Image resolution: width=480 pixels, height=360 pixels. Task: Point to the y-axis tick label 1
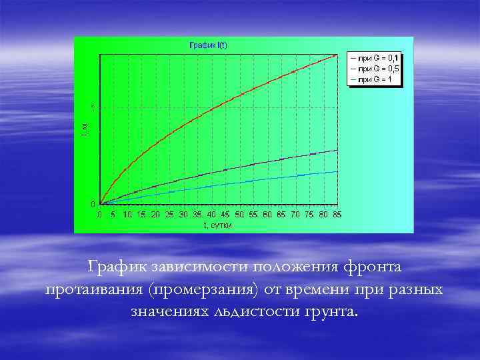point(93,107)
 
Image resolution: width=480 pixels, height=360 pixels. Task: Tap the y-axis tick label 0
point(93,203)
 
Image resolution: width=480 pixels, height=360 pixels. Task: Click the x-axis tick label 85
point(337,215)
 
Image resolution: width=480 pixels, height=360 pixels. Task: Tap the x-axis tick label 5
point(113,215)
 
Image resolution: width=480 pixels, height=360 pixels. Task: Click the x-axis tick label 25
point(169,215)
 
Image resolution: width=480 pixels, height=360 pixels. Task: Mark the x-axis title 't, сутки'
point(218,225)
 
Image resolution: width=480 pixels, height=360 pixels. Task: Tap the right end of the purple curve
point(337,151)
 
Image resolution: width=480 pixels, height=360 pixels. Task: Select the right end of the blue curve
point(337,172)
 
